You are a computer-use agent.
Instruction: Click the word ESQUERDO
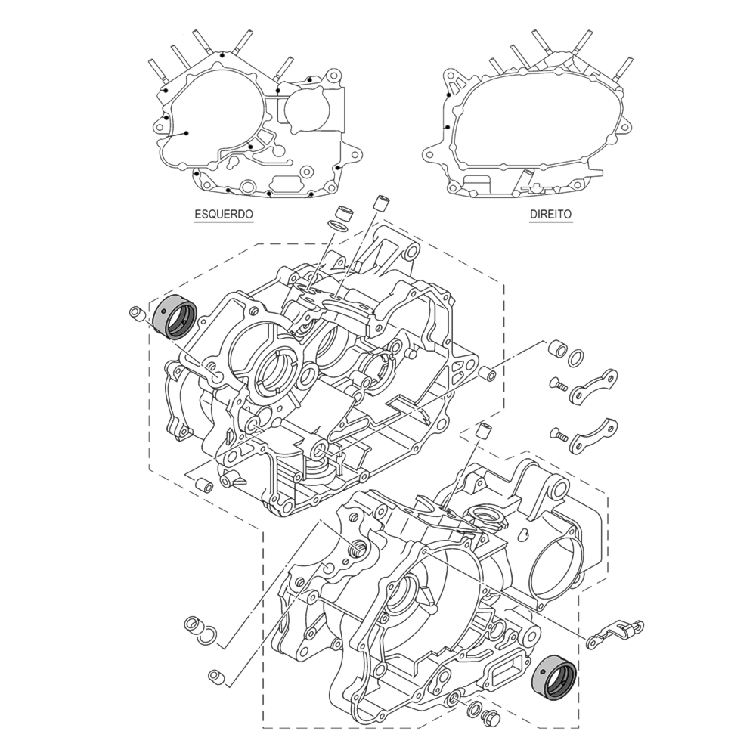pos(223,215)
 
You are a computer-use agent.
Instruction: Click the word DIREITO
pos(550,215)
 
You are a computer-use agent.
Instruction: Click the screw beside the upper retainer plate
pos(558,384)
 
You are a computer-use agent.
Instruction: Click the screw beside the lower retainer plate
pos(558,434)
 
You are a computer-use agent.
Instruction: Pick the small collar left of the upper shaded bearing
pos(137,313)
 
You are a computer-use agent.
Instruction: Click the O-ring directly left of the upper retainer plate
pos(575,356)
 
